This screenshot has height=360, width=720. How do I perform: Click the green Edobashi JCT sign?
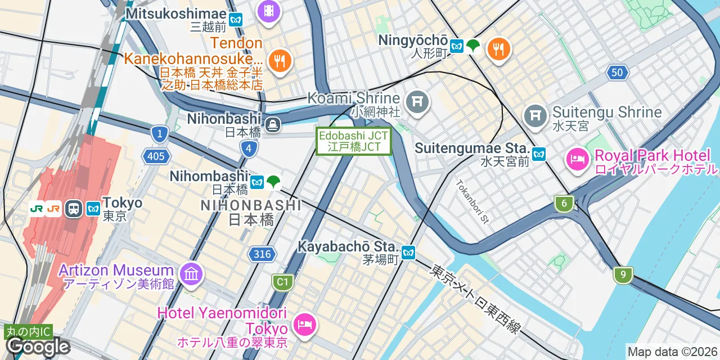354,141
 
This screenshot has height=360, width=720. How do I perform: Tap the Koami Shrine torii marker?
417,102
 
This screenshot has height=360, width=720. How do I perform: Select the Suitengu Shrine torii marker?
535,116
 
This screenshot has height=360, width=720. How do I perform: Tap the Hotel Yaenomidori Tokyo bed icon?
304,325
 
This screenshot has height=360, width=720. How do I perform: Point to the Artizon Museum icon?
191,274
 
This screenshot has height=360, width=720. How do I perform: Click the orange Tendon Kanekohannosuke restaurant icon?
280,60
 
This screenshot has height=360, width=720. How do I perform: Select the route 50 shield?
618,72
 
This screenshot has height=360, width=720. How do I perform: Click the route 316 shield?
262,254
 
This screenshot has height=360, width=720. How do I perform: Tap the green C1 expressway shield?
282,282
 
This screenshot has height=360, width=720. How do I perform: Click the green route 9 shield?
623,275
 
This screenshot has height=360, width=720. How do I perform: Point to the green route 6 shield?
563,204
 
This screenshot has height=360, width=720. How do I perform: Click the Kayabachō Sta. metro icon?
409,253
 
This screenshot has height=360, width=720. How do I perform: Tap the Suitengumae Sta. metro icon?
539,154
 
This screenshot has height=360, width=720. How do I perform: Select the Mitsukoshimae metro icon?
236,19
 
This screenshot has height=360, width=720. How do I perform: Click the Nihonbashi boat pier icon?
273,124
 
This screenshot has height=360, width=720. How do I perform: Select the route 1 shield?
160,133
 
